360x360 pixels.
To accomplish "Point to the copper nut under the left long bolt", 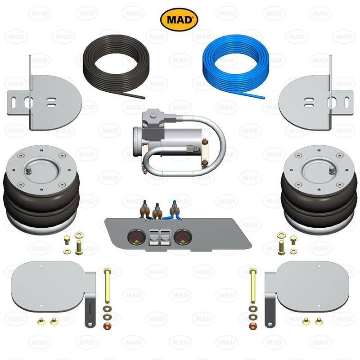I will click(108, 325).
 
